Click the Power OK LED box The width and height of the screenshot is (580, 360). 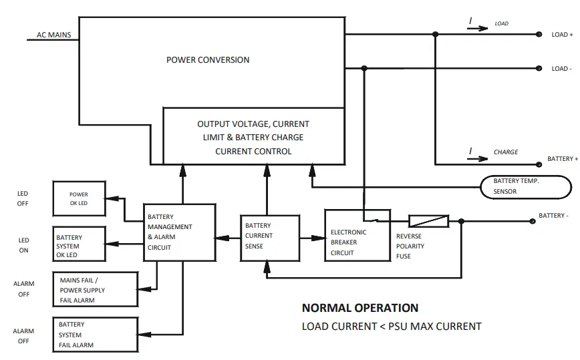pyautogui.click(x=79, y=198)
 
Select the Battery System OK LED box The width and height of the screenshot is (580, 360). pyautogui.click(x=79, y=244)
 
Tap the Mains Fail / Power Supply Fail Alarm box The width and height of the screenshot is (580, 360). pyautogui.click(x=96, y=289)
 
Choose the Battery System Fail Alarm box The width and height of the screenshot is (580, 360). pyautogui.click(x=96, y=335)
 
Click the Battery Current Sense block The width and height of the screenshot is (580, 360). pyautogui.click(x=270, y=238)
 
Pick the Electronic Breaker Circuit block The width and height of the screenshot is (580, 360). pyautogui.click(x=357, y=236)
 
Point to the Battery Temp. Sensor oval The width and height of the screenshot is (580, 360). pyautogui.click(x=526, y=187)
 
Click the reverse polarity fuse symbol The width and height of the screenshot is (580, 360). pyautogui.click(x=429, y=221)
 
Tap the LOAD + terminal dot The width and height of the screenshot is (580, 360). pyautogui.click(x=539, y=34)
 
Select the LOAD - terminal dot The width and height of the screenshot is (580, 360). pyautogui.click(x=539, y=68)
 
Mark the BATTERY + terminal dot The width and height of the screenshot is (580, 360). pyautogui.click(x=539, y=164)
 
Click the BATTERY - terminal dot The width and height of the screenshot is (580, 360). pyautogui.click(x=533, y=221)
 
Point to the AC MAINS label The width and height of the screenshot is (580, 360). pyautogui.click(x=53, y=35)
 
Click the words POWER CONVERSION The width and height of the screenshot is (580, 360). pyautogui.click(x=208, y=60)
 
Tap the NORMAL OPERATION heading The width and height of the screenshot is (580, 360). pyautogui.click(x=360, y=308)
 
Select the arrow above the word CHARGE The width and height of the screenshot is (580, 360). pyautogui.click(x=478, y=158)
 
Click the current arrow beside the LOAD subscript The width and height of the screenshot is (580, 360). pyautogui.click(x=478, y=29)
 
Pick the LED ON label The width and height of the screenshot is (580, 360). pyautogui.click(x=23, y=245)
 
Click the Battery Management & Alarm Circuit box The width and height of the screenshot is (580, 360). pyautogui.click(x=179, y=232)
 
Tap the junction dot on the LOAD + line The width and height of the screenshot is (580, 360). pyautogui.click(x=436, y=34)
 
